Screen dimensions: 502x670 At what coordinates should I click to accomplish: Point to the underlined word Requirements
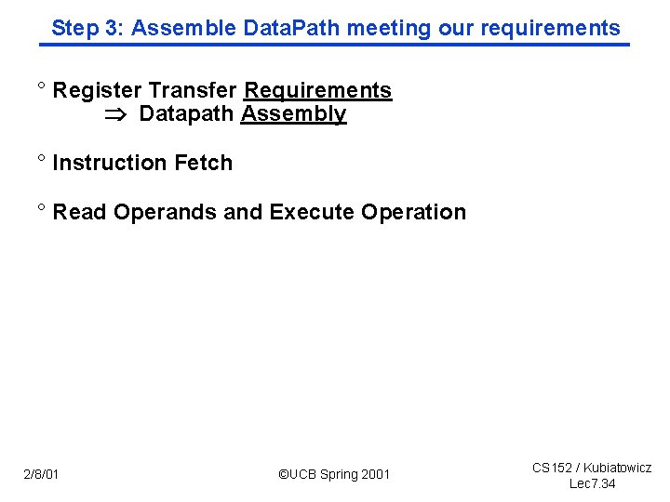tap(317, 90)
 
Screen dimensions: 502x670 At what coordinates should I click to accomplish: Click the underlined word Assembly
tap(293, 114)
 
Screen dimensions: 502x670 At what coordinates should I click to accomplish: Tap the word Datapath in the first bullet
tap(186, 114)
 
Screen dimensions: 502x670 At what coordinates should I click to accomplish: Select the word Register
tap(98, 90)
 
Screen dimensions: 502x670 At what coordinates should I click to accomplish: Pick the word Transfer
tap(193, 90)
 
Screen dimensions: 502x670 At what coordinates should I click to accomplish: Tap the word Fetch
tap(204, 163)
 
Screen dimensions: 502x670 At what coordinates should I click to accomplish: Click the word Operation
tap(414, 212)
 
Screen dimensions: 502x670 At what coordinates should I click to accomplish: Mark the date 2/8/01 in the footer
tap(41, 475)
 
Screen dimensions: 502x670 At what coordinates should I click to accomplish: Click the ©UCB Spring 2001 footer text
tap(334, 475)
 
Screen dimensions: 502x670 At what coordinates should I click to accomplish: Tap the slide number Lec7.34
tap(592, 484)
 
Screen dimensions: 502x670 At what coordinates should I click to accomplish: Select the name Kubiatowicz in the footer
tap(617, 468)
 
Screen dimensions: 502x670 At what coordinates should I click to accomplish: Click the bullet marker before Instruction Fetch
tap(41, 160)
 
